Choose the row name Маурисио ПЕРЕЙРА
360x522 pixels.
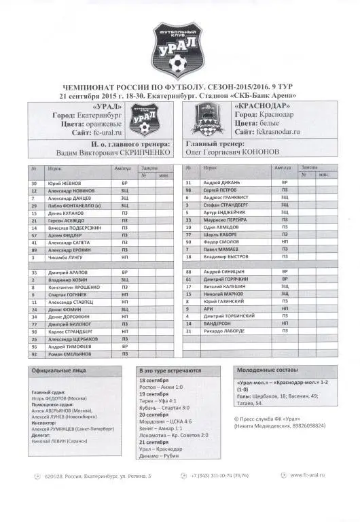(x=227, y=220)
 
